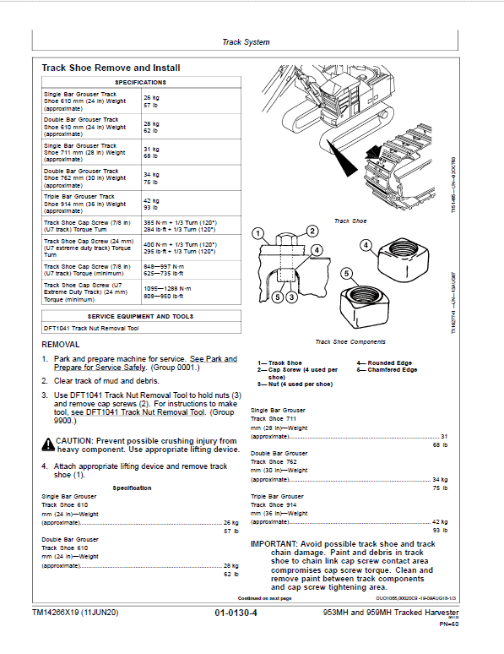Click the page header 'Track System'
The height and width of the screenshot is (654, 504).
(247, 41)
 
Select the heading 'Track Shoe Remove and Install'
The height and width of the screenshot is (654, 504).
(111, 68)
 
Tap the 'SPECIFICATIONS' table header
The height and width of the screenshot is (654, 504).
(140, 82)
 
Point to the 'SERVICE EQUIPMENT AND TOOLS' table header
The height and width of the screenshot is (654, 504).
(140, 316)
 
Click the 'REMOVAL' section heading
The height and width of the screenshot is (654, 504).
(61, 345)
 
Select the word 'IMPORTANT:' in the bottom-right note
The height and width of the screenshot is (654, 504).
(274, 543)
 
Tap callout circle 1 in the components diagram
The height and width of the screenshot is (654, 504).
(258, 234)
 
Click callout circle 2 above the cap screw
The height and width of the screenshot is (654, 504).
(312, 231)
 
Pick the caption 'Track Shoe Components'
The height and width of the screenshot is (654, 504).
(350, 342)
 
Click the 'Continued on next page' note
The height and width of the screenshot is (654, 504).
(265, 597)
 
